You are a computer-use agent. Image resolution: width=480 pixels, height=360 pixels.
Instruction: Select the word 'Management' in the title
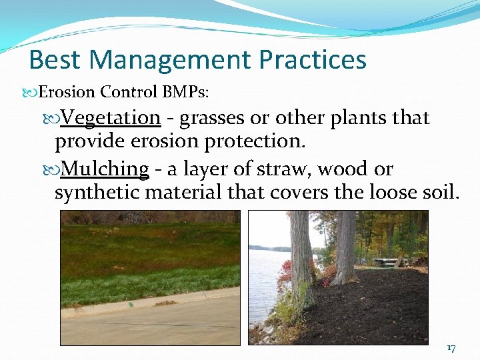(170, 59)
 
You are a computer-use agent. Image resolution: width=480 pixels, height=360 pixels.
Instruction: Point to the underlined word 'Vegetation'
(111, 118)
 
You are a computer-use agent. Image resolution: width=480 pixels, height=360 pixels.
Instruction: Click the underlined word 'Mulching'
(105, 169)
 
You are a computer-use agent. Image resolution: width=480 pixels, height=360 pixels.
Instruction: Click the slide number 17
(451, 348)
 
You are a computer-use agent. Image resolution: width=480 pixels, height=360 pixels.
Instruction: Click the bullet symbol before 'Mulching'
(53, 170)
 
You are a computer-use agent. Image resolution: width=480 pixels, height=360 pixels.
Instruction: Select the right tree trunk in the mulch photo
(345, 247)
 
